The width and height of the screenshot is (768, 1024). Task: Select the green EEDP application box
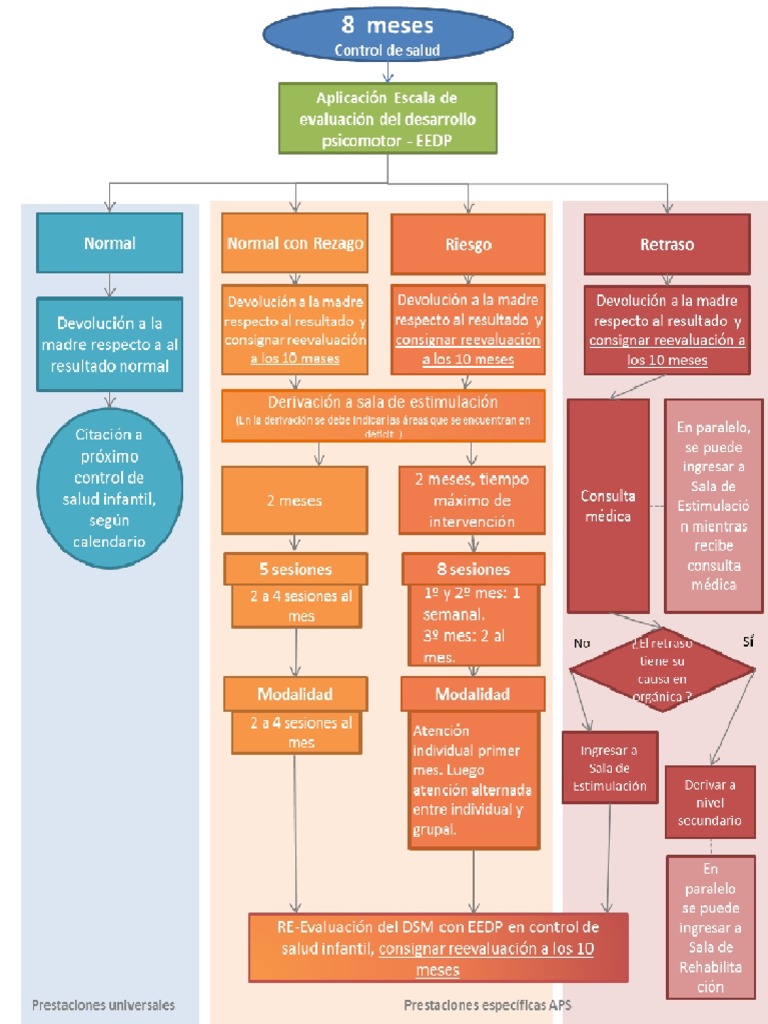pos(388,118)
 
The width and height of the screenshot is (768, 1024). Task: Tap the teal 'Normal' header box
pos(110,242)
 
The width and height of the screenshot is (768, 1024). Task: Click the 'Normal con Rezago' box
pos(295,243)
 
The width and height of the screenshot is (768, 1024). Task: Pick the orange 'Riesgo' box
pos(468,243)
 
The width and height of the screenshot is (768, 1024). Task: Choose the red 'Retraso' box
pos(667,243)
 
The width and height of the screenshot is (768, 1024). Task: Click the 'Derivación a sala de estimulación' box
pos(383,414)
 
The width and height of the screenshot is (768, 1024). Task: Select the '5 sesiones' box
pos(295,569)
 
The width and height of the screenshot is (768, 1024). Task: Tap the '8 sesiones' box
pos(473,569)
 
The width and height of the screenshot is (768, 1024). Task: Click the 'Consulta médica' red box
pos(608,505)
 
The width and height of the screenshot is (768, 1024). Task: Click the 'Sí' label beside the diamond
pos(748,641)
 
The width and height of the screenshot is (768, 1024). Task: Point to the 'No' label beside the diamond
pos(582,642)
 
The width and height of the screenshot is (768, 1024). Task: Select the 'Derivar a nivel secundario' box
pos(710,802)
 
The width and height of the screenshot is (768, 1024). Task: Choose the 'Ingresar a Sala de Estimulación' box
pos(609,767)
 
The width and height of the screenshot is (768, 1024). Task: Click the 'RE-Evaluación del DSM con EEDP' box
pos(438,946)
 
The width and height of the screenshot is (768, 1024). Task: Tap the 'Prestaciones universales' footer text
pos(103,1004)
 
